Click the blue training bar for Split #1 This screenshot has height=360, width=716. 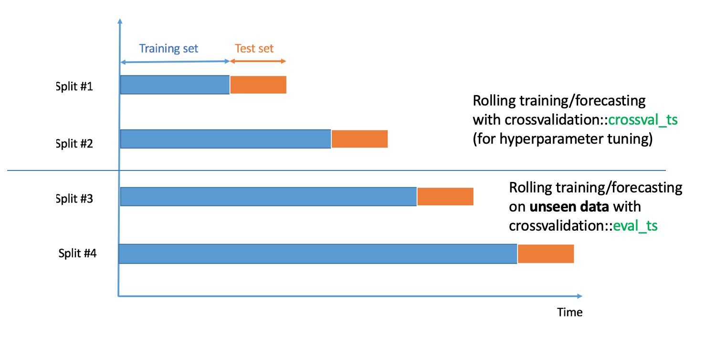pos(175,85)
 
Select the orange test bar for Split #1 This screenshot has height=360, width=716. pos(258,85)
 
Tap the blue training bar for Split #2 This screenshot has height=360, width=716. pos(225,138)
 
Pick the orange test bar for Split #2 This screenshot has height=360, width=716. pos(359,138)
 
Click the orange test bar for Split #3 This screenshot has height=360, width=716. pos(445,197)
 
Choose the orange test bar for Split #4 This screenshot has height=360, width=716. pos(546,254)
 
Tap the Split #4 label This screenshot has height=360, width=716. pos(77,254)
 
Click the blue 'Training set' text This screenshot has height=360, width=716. pos(168,48)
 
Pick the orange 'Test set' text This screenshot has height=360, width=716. pos(254,48)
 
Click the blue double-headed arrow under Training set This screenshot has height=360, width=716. pos(175,62)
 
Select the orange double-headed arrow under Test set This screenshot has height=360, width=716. pos(258,61)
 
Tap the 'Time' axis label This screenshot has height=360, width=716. pos(570,312)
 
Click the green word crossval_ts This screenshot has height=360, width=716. pos(643,121)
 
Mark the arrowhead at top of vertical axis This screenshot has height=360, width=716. pos(120,21)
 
